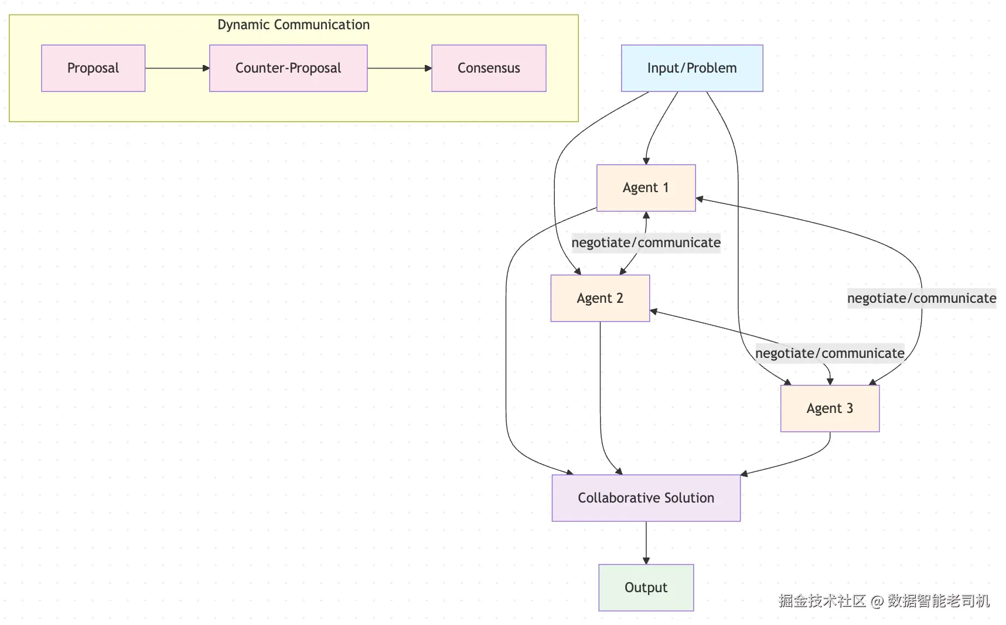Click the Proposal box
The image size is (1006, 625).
(x=93, y=68)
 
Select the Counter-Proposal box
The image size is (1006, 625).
(x=288, y=68)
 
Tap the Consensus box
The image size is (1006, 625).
(x=489, y=68)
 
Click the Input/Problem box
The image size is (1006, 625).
(x=692, y=68)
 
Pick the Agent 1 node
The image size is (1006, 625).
(x=646, y=187)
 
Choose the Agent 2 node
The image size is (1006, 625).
(x=600, y=298)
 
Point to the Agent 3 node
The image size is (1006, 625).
(x=830, y=408)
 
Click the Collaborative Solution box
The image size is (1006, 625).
(x=646, y=498)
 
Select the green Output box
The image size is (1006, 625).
(x=646, y=588)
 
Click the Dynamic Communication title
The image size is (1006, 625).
(x=294, y=25)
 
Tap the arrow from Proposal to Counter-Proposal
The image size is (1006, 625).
(x=176, y=69)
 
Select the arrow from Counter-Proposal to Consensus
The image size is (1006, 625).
(x=398, y=69)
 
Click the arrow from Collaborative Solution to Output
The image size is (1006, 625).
(x=646, y=542)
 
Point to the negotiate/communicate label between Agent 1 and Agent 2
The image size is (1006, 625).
(x=646, y=243)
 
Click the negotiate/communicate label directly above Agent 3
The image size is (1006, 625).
(x=830, y=353)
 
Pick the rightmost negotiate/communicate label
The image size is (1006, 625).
(x=922, y=298)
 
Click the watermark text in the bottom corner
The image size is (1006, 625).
(x=884, y=600)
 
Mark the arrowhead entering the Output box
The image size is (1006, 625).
(x=646, y=561)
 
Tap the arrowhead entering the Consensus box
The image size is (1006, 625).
(x=428, y=69)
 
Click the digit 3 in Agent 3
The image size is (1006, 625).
(x=850, y=408)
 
